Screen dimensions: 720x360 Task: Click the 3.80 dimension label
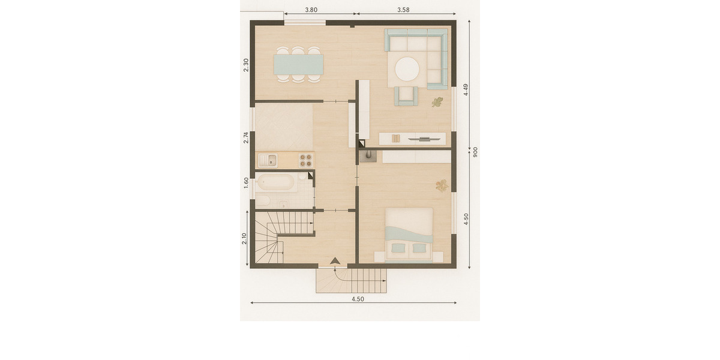coord(311,10)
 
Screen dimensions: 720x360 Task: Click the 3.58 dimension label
coord(403,10)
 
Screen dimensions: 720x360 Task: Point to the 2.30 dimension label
coord(246,65)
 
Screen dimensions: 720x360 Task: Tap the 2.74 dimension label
coord(246,137)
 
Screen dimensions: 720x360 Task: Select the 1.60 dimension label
coord(246,183)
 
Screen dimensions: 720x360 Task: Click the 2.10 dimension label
coord(244,239)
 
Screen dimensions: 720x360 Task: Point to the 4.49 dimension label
coord(466,89)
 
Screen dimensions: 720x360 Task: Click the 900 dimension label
coord(475,152)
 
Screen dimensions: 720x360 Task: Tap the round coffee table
coord(407,69)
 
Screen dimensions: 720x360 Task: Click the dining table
coord(298,64)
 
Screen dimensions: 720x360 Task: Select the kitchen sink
coord(268,160)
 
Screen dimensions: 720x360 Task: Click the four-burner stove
coord(305,160)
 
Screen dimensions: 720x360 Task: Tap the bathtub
coord(276,182)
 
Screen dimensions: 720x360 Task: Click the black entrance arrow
coord(335,261)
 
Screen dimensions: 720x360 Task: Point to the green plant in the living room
coord(437,103)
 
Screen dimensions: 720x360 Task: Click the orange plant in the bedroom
coord(442,186)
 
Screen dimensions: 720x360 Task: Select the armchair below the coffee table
coord(406,96)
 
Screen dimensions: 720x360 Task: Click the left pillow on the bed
coord(398,248)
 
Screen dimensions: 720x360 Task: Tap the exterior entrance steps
coord(352,281)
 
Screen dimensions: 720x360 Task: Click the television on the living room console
coord(424,139)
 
